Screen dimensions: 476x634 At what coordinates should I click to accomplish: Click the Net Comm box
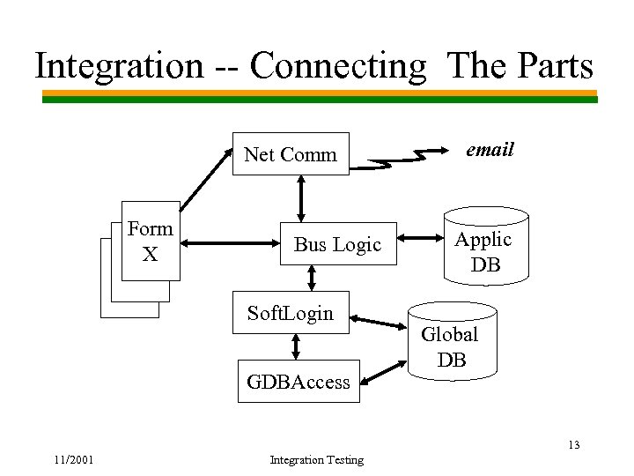coord(291,154)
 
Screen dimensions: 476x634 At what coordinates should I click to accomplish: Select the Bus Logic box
coord(337,244)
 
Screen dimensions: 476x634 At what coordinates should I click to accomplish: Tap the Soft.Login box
coord(291,313)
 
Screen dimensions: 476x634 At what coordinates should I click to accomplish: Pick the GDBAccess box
coord(299,382)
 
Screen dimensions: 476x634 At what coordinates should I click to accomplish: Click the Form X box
coord(151,241)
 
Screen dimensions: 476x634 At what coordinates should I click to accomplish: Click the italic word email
coord(490,150)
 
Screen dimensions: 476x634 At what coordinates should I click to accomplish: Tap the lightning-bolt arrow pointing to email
coord(402,160)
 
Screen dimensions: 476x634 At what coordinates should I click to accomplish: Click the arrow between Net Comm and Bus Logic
coord(301,197)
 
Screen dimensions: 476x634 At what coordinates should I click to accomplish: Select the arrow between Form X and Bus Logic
coord(228,241)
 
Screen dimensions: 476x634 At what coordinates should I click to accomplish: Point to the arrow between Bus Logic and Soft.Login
coord(313,278)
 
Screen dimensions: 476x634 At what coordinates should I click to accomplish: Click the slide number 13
coord(573,444)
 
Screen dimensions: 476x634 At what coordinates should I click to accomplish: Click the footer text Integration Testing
coord(316,459)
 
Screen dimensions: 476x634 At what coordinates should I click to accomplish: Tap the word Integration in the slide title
coord(118,66)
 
